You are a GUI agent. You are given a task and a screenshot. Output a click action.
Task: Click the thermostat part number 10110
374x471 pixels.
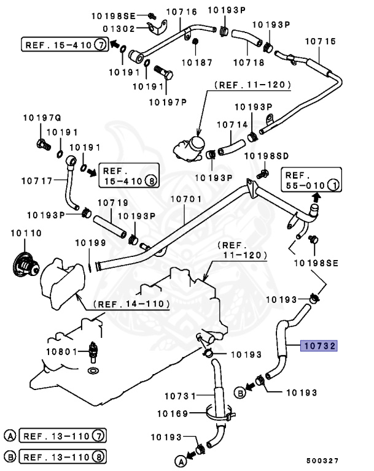pyautogui.click(x=24, y=234)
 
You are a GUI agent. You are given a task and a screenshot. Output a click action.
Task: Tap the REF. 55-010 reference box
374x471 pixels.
pyautogui.click(x=311, y=178)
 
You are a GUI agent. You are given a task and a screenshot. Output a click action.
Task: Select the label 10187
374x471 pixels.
pyautogui.click(x=195, y=62)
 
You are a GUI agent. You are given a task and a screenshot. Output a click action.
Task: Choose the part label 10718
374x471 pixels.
pyautogui.click(x=249, y=62)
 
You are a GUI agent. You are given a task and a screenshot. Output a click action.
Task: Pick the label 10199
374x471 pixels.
pyautogui.click(x=91, y=243)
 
